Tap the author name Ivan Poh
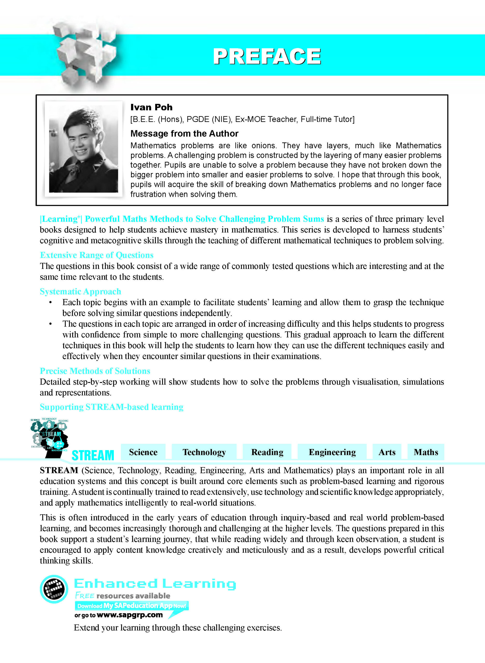[151, 107]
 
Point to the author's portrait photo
[83, 150]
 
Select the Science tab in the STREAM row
[143, 452]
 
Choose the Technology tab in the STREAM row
[204, 452]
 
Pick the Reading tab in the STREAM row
[267, 452]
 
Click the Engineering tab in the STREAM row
[332, 452]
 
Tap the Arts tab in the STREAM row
[387, 452]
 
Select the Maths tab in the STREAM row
[426, 452]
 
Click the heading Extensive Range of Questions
[97, 255]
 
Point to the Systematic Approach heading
[80, 291]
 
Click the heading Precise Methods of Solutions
[95, 371]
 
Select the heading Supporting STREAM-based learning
[112, 407]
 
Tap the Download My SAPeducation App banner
[132, 606]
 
